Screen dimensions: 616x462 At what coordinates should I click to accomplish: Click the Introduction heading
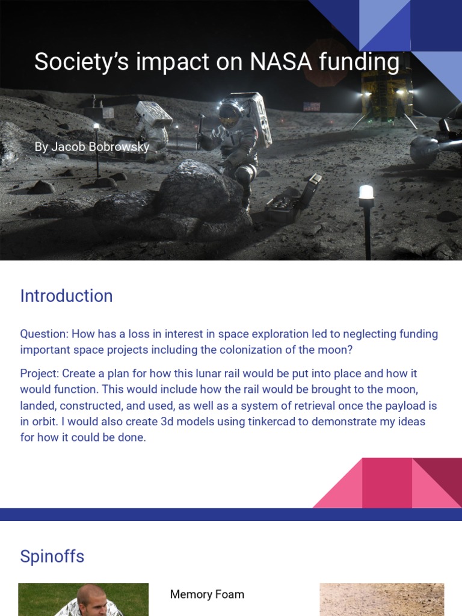[x=66, y=296]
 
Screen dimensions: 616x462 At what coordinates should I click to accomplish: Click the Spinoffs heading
[x=52, y=556]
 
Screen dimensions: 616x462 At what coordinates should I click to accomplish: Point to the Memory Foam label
[x=207, y=594]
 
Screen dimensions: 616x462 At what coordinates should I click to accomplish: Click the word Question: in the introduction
[x=44, y=334]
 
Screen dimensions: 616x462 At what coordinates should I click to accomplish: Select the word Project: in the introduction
[x=39, y=374]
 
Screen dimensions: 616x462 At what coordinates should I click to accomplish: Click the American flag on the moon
[x=312, y=106]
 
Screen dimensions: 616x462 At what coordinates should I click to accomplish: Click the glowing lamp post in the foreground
[x=366, y=194]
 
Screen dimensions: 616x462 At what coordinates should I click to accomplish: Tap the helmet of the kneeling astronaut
[x=229, y=112]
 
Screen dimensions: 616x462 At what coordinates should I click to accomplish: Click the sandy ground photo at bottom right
[x=381, y=599]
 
